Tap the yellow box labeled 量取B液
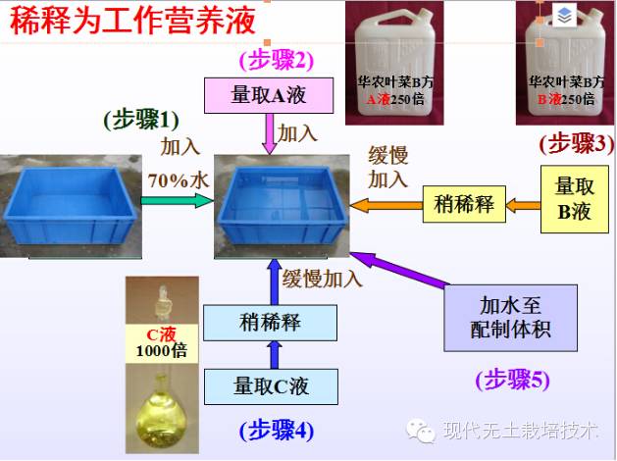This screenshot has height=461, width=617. [573, 198]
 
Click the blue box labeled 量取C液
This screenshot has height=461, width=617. [271, 385]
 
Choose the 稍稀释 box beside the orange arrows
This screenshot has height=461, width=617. [463, 204]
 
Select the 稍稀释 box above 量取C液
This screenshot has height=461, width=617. [270, 322]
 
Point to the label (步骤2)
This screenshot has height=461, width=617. [276, 59]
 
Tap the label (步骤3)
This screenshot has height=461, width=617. [576, 144]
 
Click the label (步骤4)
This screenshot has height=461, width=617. [277, 429]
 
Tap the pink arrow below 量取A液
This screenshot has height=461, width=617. [267, 132]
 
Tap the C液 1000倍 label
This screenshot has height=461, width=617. [160, 343]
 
